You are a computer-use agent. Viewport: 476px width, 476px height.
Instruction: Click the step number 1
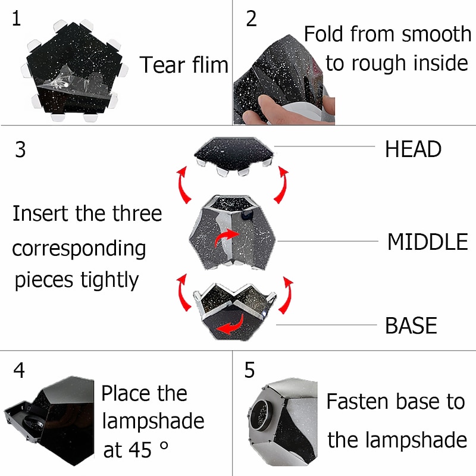click(17, 18)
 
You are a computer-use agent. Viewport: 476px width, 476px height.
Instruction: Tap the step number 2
click(251, 19)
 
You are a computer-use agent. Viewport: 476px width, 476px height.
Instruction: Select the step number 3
click(20, 149)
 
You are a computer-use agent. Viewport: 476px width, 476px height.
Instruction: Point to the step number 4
click(19, 370)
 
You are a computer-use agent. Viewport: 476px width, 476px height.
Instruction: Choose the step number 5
click(249, 370)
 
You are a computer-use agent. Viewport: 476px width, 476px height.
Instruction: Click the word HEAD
click(413, 149)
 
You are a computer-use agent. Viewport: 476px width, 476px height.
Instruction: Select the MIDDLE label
click(428, 242)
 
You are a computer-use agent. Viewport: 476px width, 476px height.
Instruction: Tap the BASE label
click(411, 325)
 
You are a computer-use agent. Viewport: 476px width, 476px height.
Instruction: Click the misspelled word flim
click(211, 65)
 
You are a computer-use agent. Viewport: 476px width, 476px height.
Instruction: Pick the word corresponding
click(79, 249)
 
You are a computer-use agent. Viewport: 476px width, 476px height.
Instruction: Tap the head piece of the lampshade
click(234, 155)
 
